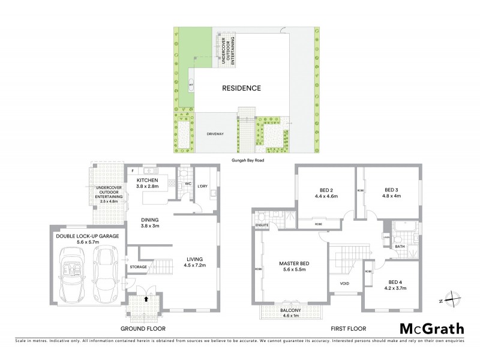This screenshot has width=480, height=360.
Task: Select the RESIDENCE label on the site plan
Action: tap(241, 88)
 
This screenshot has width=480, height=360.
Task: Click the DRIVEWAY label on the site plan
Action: tap(215, 134)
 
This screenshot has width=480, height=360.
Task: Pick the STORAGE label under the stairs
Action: tap(139, 266)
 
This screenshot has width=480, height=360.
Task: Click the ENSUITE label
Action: tap(262, 226)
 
